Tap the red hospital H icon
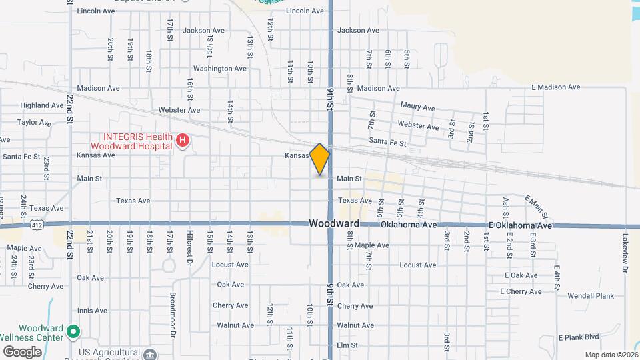tap(181, 141)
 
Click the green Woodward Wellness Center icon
tap(74, 330)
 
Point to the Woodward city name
tap(335, 225)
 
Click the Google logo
tap(22, 351)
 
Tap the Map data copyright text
tap(611, 355)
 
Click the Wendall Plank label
tap(590, 295)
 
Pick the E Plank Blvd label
tap(579, 337)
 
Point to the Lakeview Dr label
tap(625, 253)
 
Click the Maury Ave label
tap(417, 107)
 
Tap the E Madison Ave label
tap(555, 87)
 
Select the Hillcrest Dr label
tap(190, 245)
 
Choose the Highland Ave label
tap(42, 105)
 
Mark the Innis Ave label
tap(92, 311)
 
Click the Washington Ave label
tap(220, 69)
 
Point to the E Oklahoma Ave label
tap(520, 226)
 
